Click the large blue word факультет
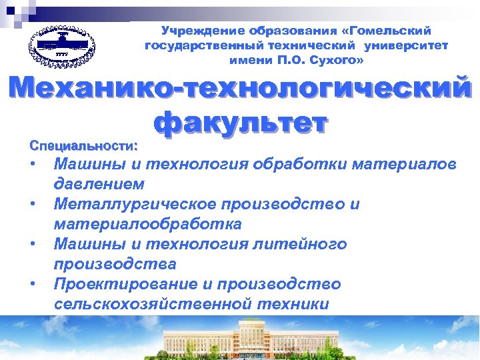tap(241, 123)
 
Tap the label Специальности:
tap(83, 144)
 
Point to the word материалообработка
tap(147, 223)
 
